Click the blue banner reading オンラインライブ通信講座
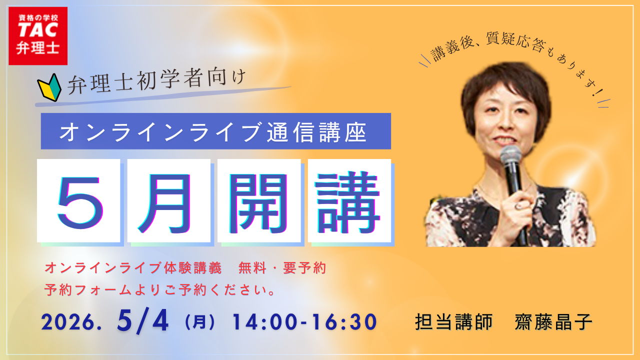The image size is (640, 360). (215, 131)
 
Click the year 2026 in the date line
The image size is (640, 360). (70, 322)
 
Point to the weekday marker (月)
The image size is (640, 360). (199, 322)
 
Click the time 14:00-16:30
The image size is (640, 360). (304, 322)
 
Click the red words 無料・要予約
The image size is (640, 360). (282, 268)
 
